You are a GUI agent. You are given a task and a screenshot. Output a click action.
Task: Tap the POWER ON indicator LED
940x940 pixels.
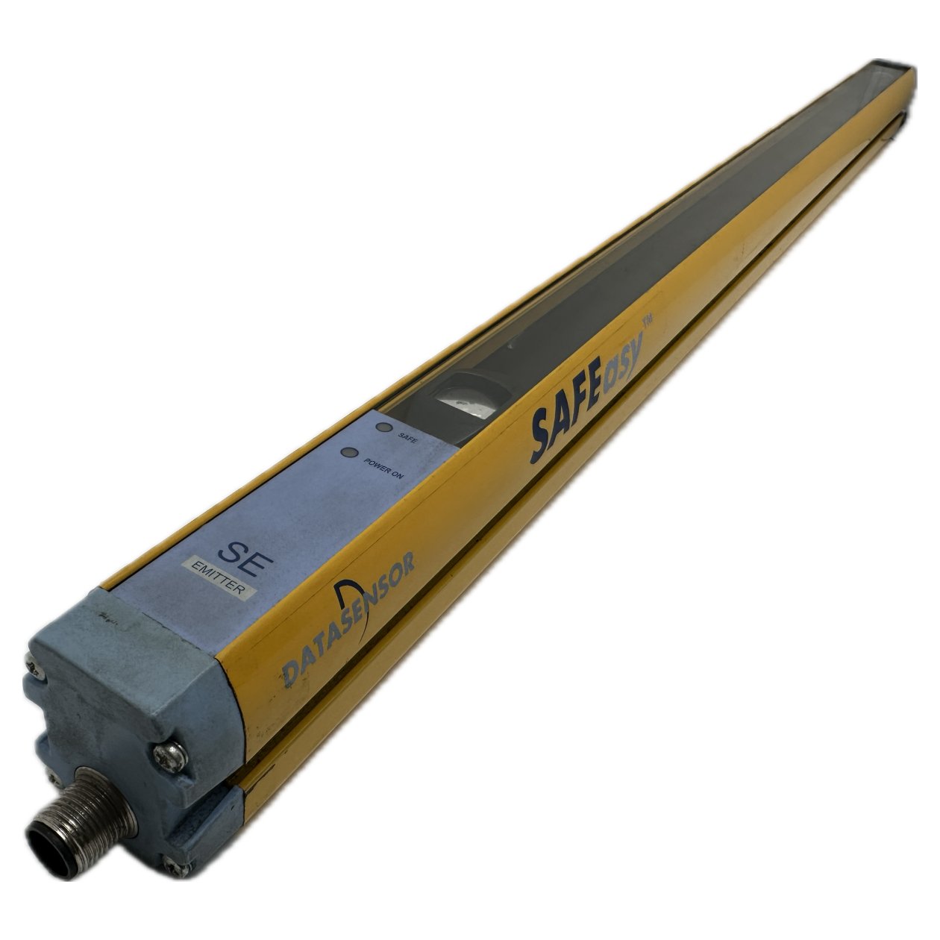point(348,453)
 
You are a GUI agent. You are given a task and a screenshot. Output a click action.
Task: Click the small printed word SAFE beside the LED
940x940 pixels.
point(408,439)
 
